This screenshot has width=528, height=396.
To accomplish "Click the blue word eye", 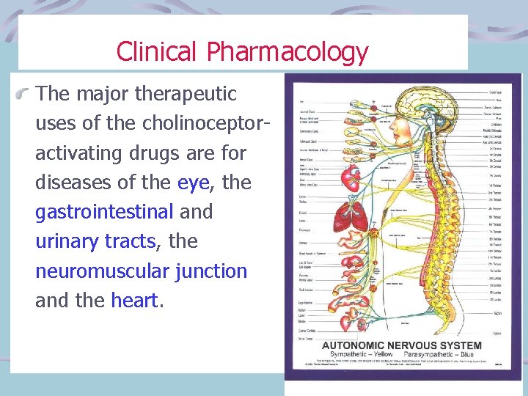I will [x=194, y=182].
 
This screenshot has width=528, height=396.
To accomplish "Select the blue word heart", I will [x=135, y=301].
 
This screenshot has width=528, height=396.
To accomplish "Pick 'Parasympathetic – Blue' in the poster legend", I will [x=444, y=354].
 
